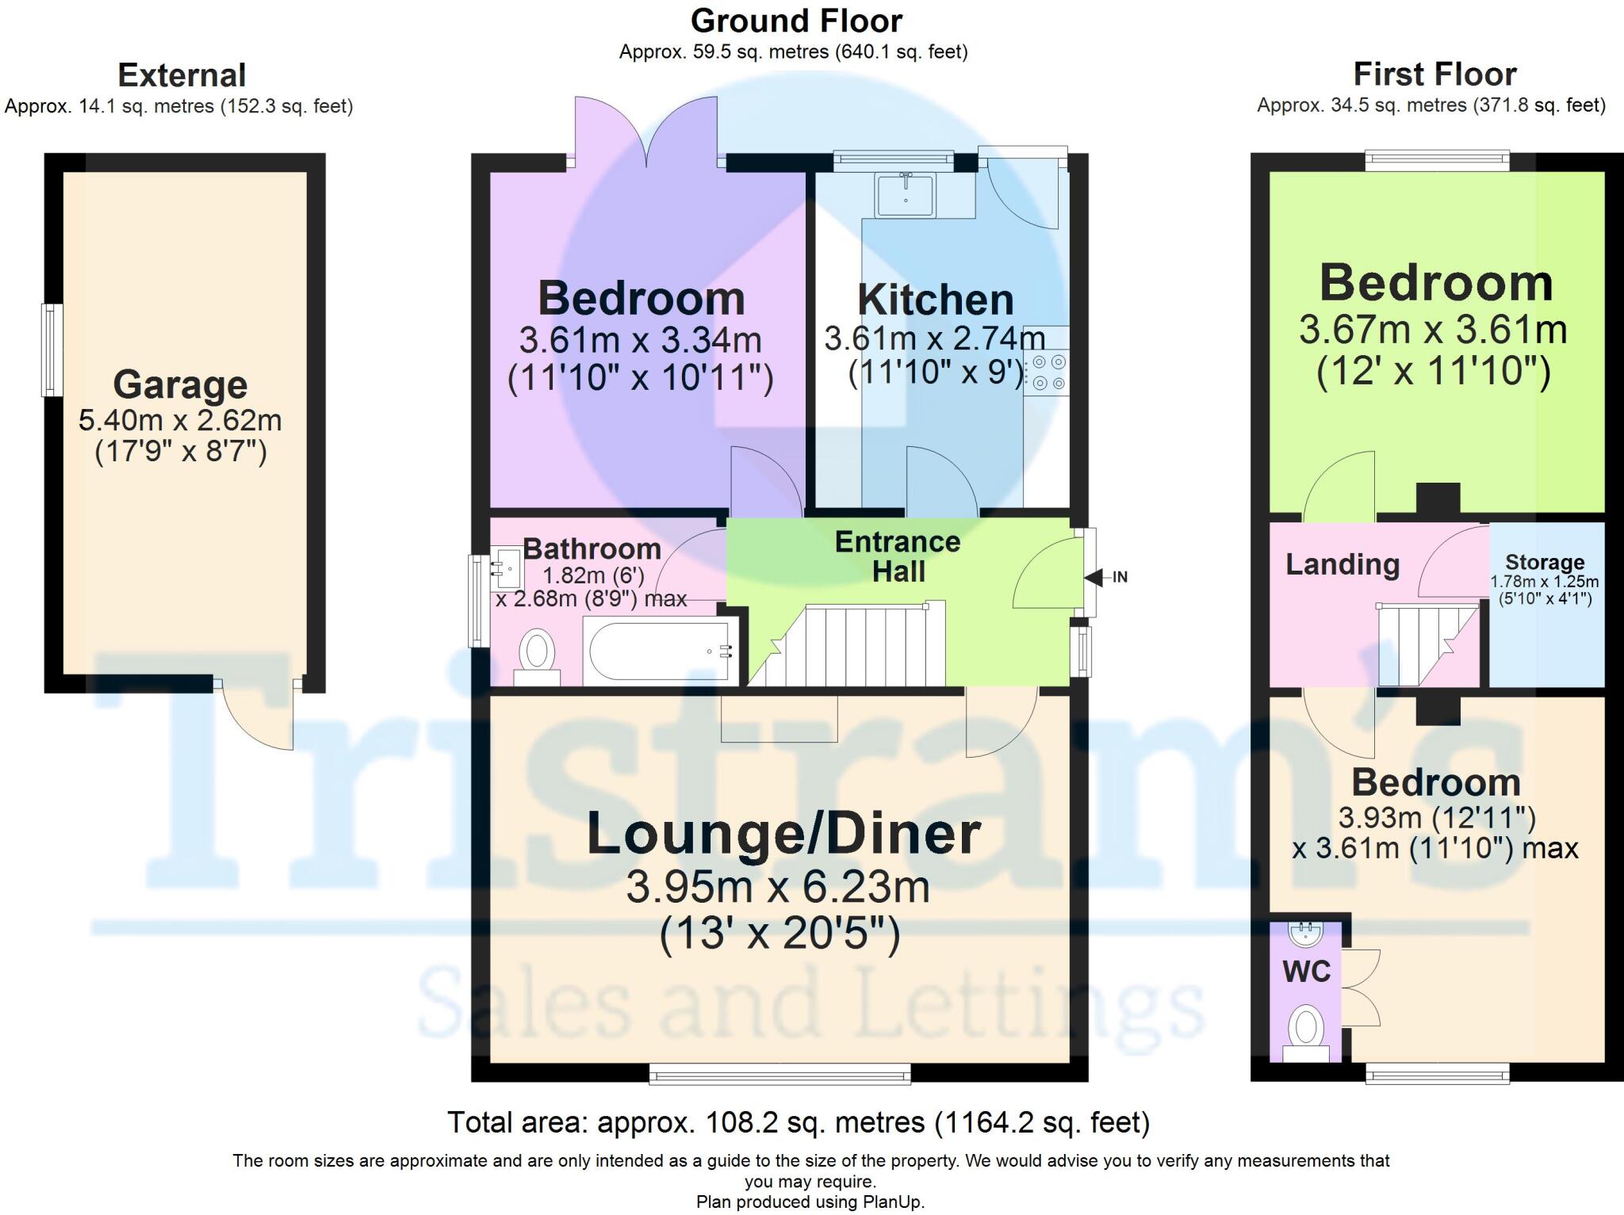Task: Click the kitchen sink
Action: click(x=905, y=195)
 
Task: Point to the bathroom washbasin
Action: click(x=504, y=567)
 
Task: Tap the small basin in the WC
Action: click(x=1305, y=934)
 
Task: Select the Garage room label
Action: click(x=180, y=385)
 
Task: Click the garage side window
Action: click(x=52, y=350)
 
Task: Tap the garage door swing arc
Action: click(x=255, y=717)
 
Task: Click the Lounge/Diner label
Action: click(x=783, y=835)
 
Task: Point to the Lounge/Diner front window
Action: click(x=779, y=1075)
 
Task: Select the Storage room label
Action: click(x=1545, y=562)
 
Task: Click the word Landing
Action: click(x=1342, y=564)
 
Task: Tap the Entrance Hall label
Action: click(x=898, y=556)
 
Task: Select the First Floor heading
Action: click(x=1434, y=75)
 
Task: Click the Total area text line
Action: click(x=798, y=1122)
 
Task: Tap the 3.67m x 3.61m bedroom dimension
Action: click(x=1432, y=330)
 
